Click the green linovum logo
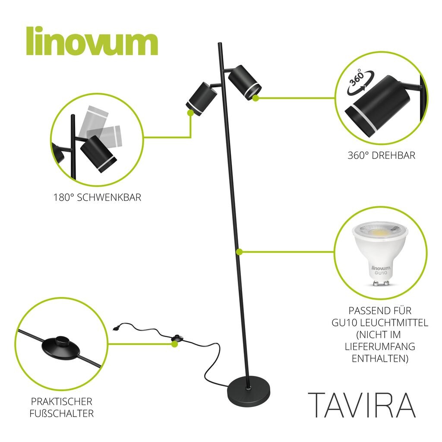[92, 41]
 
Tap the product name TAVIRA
[362, 405]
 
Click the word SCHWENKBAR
[109, 197]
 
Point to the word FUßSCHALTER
[61, 414]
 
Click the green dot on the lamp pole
[239, 252]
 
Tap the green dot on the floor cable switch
[175, 344]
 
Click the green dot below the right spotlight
[256, 98]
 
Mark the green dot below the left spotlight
[190, 113]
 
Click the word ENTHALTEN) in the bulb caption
[380, 359]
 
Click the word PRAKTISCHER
[61, 401]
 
